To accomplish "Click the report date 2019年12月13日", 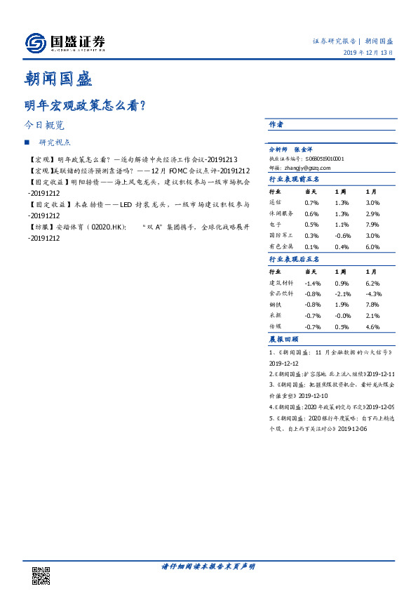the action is [x=368, y=53].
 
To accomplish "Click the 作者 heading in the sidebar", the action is [x=276, y=124].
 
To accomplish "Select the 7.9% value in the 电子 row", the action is [x=372, y=225].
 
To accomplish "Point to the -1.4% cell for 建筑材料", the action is [x=312, y=282].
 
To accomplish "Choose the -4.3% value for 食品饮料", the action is [x=373, y=293].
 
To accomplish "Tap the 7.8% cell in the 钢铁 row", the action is [x=372, y=305].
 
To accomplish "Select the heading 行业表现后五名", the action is [x=295, y=259].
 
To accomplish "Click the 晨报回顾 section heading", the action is [x=281, y=339].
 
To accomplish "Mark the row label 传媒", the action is [x=276, y=327].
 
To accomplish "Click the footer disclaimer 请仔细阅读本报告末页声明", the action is [x=208, y=566].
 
